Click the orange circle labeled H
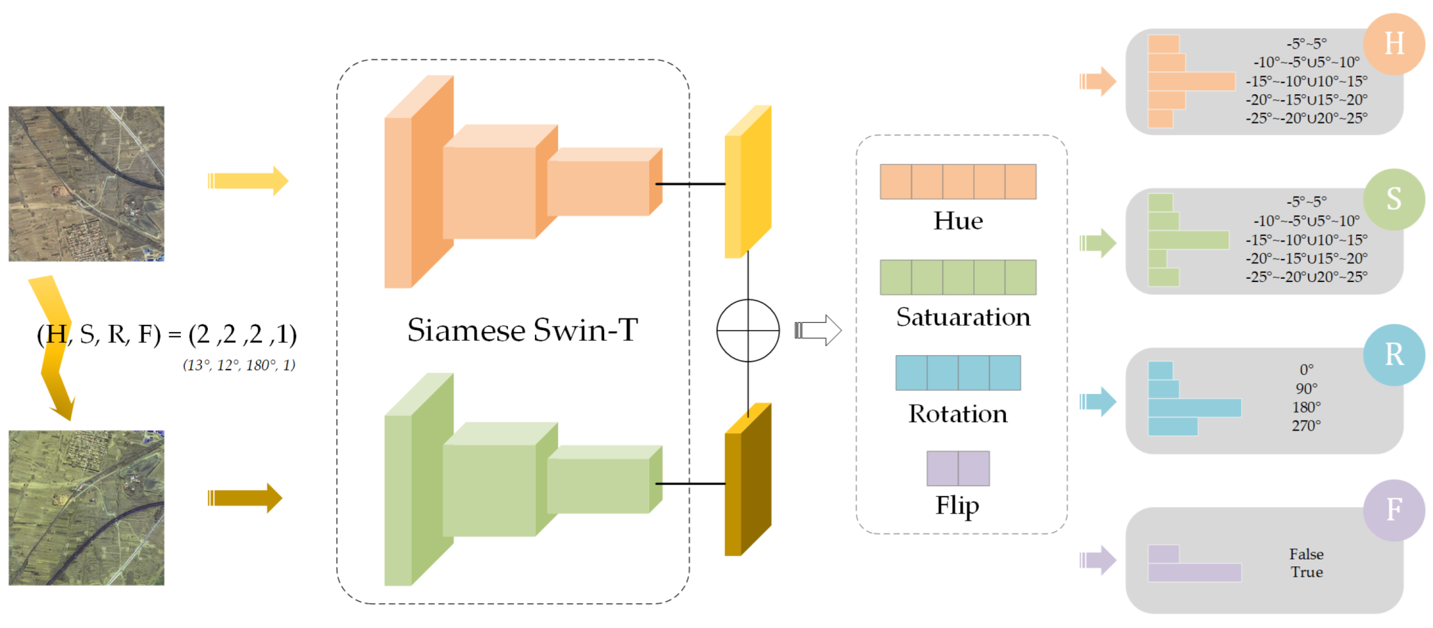pos(1393,44)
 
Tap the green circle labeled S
pos(1393,199)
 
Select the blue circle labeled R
pos(1393,354)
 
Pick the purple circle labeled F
pos(1393,510)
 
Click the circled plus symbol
pos(747,331)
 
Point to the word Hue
pos(958,221)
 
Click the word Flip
pos(957,506)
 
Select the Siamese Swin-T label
pos(522,331)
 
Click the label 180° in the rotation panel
pos(1306,408)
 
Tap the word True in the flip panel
pos(1306,572)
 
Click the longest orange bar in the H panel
pos(1191,81)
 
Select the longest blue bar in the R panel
pos(1194,408)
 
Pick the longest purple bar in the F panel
pos(1194,573)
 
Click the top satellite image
pos(87,184)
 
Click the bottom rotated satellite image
pos(87,508)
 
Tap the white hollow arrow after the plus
pos(818,331)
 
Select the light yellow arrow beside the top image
pos(248,181)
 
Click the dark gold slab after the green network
pos(747,481)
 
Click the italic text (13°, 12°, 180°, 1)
pos(239,365)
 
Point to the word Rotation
pos(957,414)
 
